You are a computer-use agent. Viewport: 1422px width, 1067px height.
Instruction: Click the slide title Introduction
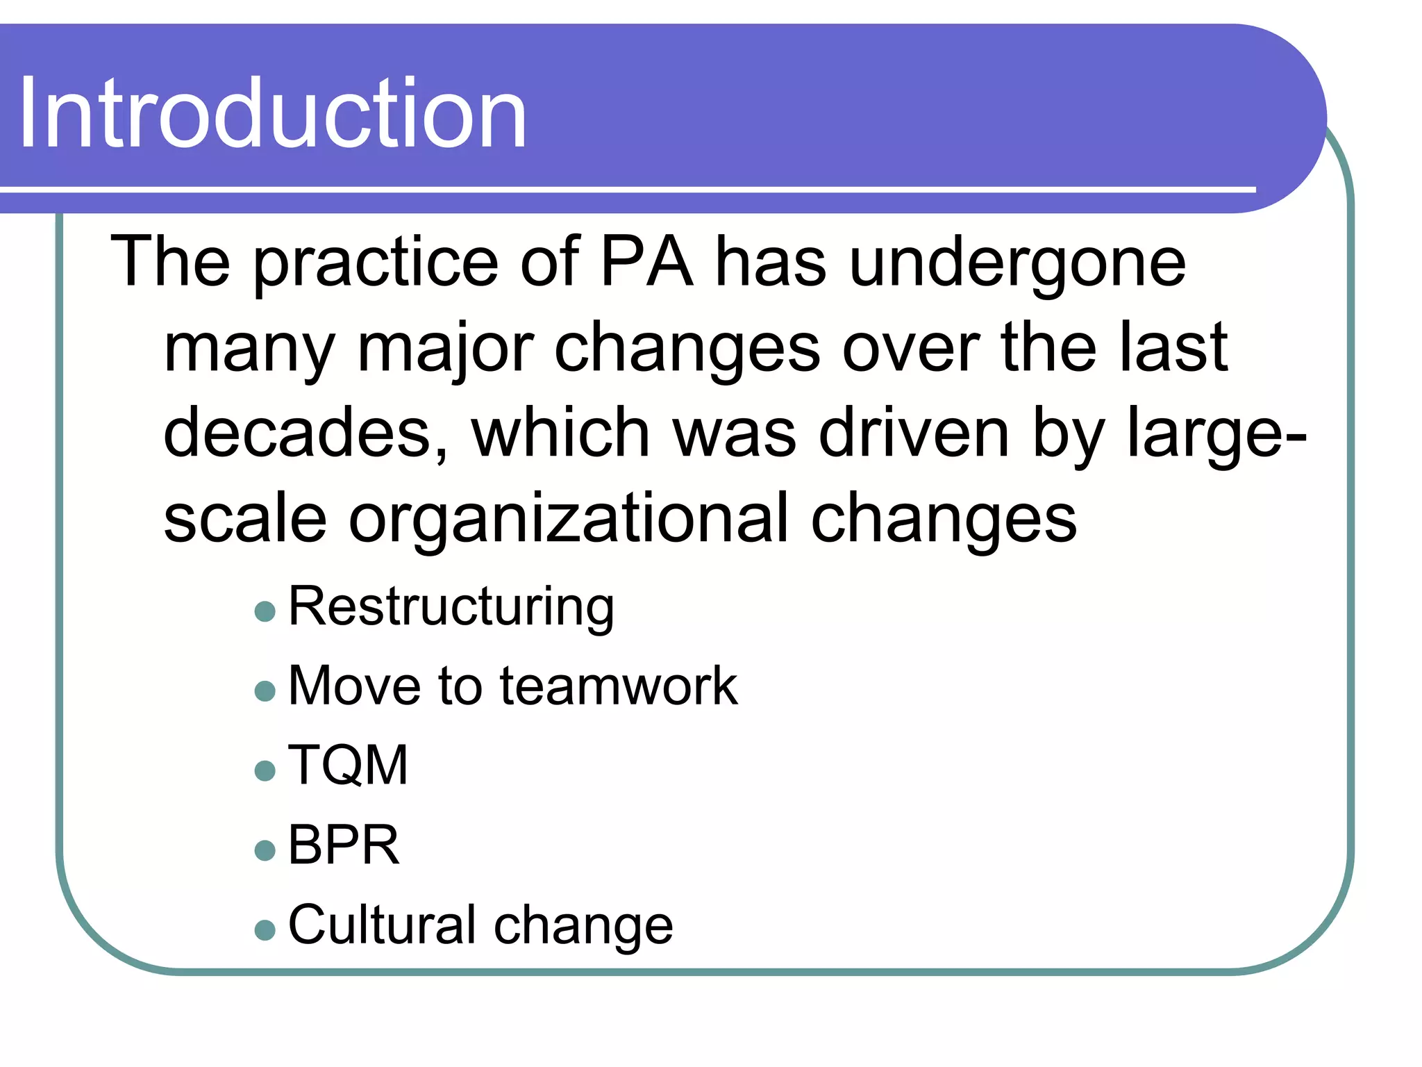(272, 114)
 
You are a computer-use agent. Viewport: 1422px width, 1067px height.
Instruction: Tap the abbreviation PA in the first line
(646, 261)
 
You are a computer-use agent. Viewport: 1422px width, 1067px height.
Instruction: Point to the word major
(445, 349)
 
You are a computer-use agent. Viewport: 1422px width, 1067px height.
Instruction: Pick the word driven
(914, 433)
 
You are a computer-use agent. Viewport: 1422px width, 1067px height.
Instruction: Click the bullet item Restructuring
(451, 607)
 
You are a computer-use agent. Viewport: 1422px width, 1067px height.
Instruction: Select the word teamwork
(619, 686)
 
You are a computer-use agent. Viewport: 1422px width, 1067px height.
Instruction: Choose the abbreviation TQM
(348, 765)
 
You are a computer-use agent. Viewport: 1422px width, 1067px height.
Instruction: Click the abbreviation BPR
(344, 845)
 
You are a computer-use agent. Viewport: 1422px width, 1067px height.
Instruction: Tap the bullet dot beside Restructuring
(265, 611)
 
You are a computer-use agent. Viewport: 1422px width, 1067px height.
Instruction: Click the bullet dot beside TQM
(265, 770)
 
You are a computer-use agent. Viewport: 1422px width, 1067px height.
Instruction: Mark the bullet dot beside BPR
(265, 850)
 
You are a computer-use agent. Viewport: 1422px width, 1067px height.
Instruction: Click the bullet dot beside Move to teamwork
(265, 691)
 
